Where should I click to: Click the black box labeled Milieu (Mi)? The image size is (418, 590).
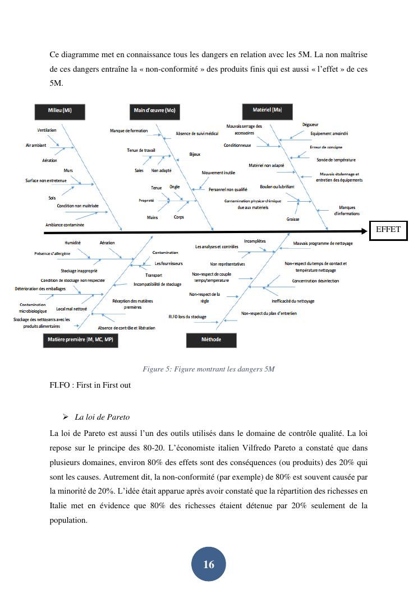(x=59, y=110)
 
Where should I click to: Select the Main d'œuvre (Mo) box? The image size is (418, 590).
(x=155, y=110)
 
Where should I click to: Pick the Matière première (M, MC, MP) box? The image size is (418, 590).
(x=80, y=340)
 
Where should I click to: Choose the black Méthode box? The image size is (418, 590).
(x=211, y=340)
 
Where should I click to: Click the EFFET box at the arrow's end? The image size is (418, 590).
(x=388, y=230)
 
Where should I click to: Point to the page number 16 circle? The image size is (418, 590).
(x=209, y=564)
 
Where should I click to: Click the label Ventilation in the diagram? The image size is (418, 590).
(x=47, y=131)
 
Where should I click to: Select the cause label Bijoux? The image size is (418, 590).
(x=195, y=154)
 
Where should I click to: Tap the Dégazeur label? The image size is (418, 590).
(x=311, y=124)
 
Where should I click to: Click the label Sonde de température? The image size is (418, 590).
(x=336, y=160)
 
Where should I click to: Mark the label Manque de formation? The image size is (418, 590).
(x=128, y=131)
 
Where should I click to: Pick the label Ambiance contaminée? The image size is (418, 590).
(x=65, y=225)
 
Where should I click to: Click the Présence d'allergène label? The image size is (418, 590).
(x=52, y=254)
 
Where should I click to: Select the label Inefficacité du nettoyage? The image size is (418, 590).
(x=293, y=301)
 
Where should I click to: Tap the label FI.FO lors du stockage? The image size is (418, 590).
(x=187, y=317)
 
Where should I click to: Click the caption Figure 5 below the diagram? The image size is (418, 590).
(x=208, y=369)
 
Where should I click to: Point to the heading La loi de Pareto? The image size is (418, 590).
(x=102, y=417)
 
